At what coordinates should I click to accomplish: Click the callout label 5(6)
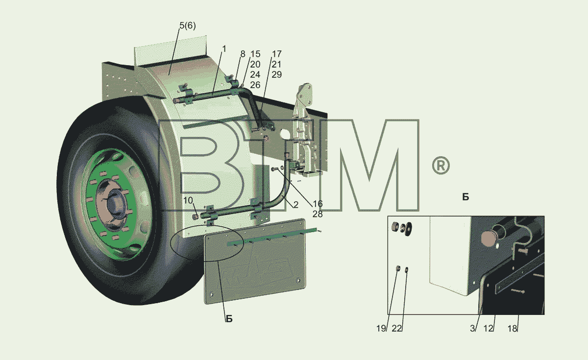187,25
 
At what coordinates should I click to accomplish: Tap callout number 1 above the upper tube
224,49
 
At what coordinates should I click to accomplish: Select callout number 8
243,54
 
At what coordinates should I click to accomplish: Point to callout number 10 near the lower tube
188,200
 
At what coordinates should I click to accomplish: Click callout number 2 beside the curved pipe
296,205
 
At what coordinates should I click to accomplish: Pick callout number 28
318,214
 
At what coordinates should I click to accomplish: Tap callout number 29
276,75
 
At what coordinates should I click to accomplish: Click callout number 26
255,85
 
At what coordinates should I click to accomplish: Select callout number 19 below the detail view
381,328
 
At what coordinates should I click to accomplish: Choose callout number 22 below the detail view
396,328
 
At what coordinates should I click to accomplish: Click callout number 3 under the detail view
472,328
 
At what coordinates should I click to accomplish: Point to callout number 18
513,328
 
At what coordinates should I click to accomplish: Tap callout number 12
489,328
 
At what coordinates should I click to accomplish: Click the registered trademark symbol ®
441,166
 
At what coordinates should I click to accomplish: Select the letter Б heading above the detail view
465,197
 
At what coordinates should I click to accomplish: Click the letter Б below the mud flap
229,319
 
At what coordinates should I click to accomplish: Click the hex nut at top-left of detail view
395,226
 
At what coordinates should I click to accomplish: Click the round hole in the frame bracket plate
284,134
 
